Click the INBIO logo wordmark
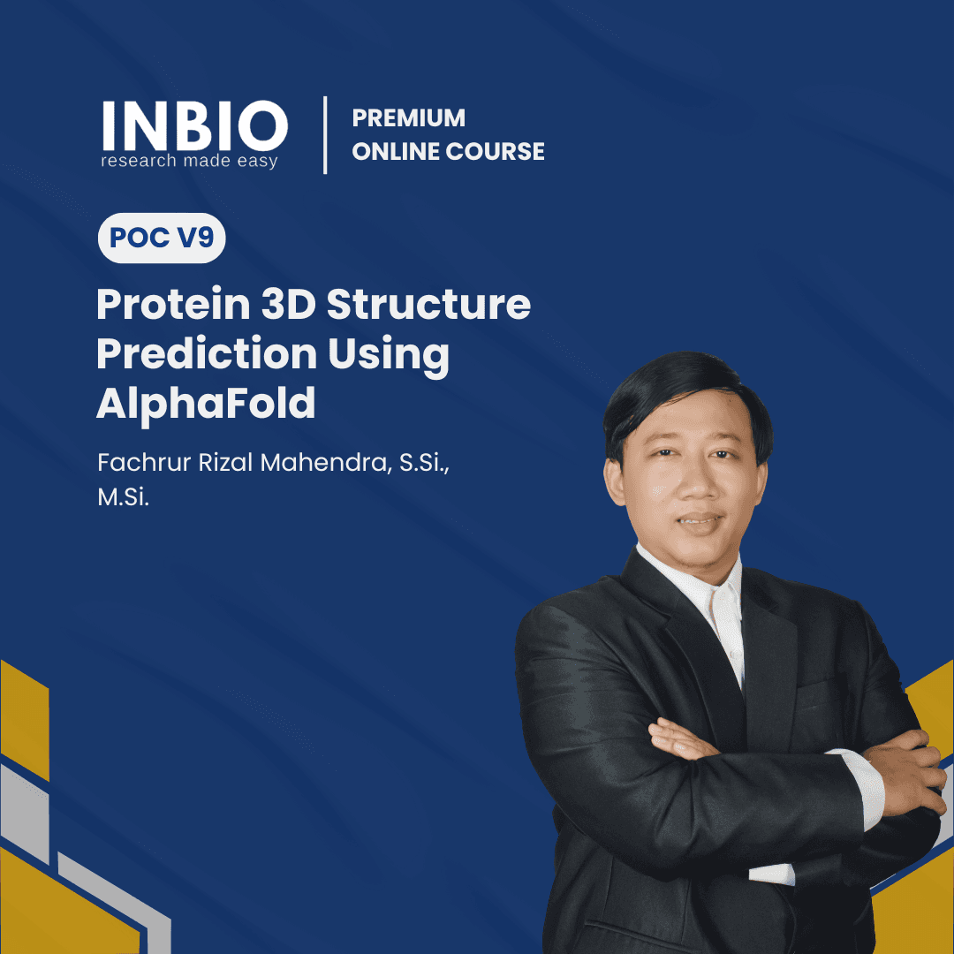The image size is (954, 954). (194, 126)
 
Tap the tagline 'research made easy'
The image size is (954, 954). (189, 161)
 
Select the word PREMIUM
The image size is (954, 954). (408, 117)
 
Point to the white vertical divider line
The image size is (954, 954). (325, 134)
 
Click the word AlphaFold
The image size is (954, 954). (206, 403)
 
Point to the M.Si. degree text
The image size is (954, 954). (123, 498)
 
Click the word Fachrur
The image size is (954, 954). (133, 463)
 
